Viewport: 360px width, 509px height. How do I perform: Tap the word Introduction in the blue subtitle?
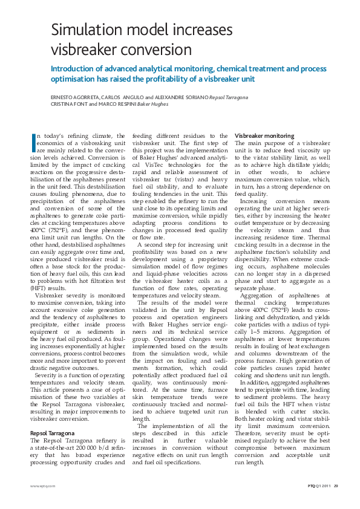click(74, 68)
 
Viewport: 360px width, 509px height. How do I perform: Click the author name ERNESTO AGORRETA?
click(73, 97)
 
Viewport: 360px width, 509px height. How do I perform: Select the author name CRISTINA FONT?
click(68, 104)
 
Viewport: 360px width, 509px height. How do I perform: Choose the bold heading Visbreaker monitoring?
click(264, 135)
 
